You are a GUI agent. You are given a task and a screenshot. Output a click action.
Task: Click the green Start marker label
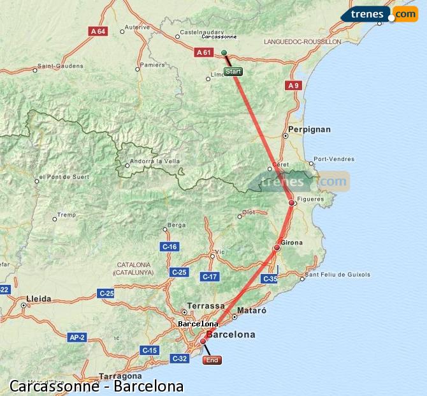click(233, 72)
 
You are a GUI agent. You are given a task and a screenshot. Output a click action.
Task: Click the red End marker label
click(212, 360)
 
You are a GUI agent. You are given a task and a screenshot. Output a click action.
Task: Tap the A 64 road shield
click(98, 31)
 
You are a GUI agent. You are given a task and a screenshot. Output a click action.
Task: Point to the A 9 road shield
click(293, 85)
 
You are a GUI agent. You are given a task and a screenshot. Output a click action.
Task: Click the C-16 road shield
click(170, 247)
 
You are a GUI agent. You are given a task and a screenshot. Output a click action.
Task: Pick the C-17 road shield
click(210, 277)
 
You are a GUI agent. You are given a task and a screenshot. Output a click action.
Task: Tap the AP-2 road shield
click(77, 337)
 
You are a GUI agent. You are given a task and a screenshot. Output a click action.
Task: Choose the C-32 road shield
click(180, 358)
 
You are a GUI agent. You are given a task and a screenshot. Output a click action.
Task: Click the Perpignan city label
click(310, 129)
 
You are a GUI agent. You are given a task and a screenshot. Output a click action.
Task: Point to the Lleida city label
click(39, 298)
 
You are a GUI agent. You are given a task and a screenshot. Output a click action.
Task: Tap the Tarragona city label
click(120, 377)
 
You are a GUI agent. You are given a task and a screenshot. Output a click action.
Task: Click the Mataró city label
click(251, 310)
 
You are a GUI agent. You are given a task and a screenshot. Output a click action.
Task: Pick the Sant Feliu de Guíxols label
click(338, 275)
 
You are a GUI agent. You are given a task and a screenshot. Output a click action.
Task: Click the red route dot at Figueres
click(291, 203)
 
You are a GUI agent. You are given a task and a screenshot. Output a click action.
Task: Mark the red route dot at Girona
click(277, 248)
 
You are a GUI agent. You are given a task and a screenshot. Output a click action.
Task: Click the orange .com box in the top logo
click(405, 13)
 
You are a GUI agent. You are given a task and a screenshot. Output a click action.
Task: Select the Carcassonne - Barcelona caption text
click(97, 386)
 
